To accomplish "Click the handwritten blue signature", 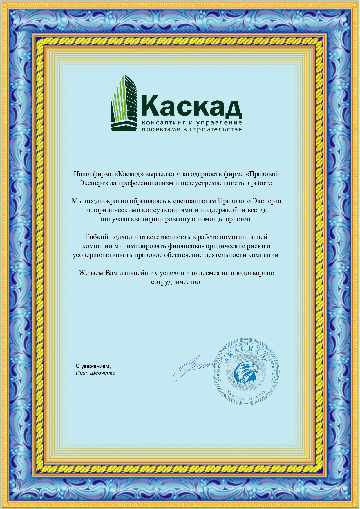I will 193,367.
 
